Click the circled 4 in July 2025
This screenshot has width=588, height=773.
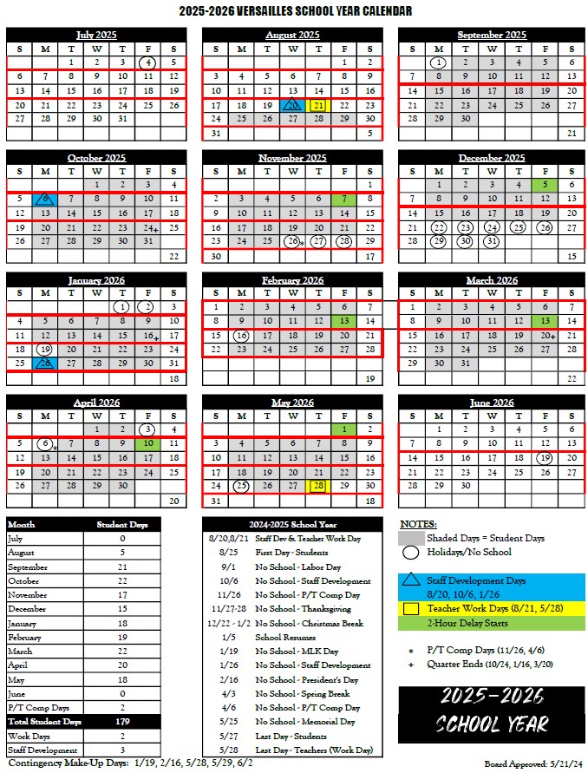pos(148,62)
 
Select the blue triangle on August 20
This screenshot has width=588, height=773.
pos(292,105)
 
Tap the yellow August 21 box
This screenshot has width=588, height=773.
pos(318,105)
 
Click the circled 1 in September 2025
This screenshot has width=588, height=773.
pos(439,62)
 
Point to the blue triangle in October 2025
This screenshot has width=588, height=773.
pos(44,199)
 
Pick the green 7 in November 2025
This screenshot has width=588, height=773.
pos(344,199)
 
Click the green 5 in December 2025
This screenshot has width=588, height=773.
pos(544,184)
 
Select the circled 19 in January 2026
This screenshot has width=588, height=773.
pos(44,349)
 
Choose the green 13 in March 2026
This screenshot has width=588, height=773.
pos(544,320)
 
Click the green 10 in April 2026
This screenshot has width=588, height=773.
pos(148,443)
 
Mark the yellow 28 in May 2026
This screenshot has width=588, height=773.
pos(318,486)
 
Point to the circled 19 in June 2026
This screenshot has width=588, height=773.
pos(544,457)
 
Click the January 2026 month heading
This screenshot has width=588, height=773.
pos(96,280)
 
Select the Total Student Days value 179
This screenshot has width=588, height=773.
pos(122,721)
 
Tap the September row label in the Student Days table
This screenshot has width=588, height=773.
pos(25,567)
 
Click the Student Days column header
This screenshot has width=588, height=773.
pos(122,525)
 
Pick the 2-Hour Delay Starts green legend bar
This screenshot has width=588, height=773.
pos(492,623)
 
